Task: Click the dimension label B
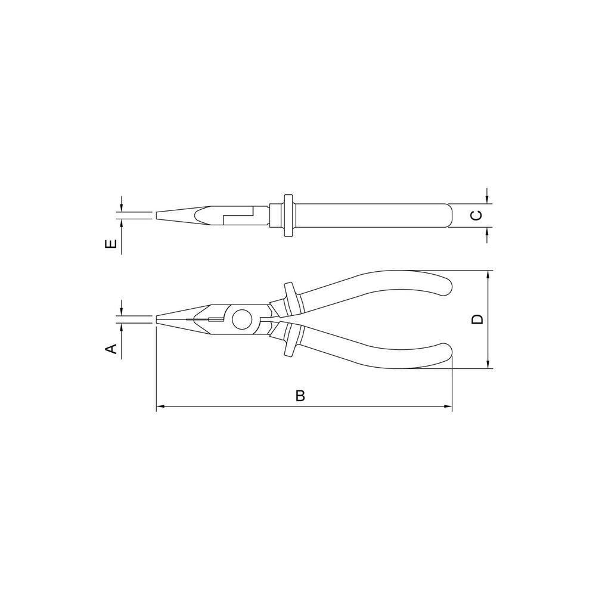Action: tap(300, 396)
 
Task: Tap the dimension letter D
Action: tap(477, 319)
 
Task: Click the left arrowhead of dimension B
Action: tap(160, 408)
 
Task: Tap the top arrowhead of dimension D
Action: tap(488, 275)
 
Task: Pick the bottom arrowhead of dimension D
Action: tap(488, 364)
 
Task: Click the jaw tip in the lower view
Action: tap(157, 319)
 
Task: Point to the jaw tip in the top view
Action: tap(157, 215)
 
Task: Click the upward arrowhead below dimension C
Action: tap(488, 231)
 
